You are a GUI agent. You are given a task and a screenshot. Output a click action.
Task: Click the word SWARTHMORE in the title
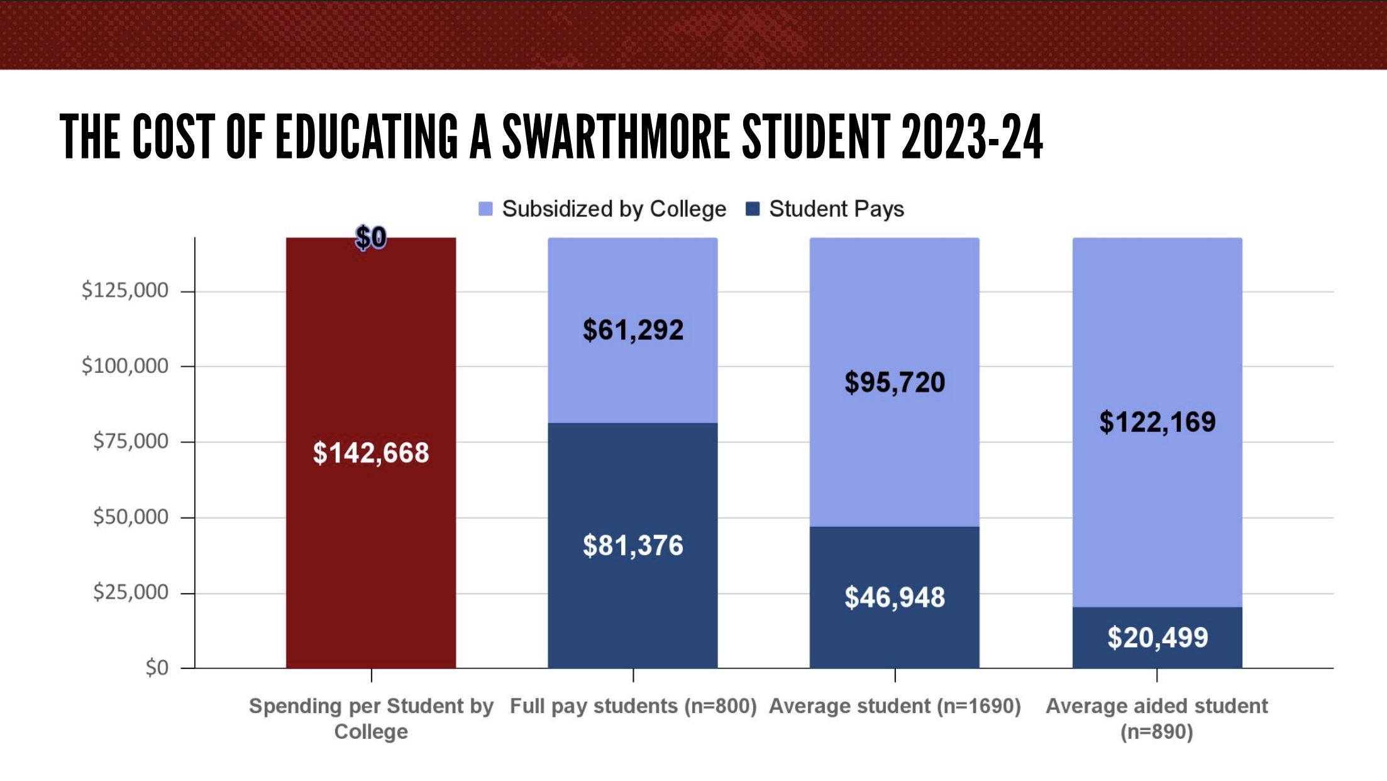click(616, 136)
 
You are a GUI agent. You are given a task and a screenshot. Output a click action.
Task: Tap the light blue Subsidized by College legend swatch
click(485, 209)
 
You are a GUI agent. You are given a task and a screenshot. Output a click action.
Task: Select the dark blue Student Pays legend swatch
click(753, 209)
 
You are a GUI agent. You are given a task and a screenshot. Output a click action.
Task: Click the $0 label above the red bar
click(371, 238)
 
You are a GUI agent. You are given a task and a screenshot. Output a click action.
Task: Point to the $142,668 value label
click(371, 453)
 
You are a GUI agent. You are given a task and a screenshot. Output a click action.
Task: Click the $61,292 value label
click(633, 330)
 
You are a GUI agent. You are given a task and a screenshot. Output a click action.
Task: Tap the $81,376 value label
click(633, 545)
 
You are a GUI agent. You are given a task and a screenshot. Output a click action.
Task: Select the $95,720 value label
click(895, 382)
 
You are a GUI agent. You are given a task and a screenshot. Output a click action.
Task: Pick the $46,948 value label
click(895, 597)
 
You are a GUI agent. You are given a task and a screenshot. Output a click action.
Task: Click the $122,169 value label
click(1157, 422)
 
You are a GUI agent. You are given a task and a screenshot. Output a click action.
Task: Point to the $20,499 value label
click(1157, 638)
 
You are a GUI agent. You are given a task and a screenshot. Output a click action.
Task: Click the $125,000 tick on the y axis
click(125, 291)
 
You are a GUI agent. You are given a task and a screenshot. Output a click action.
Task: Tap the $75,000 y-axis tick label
click(131, 441)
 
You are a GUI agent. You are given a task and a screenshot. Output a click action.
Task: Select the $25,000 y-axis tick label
click(131, 592)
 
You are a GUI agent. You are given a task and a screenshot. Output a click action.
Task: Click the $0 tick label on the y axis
click(157, 667)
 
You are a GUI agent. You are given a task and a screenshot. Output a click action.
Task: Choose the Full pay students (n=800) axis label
click(633, 706)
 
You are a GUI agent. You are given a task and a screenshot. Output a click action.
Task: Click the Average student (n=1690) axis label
click(895, 706)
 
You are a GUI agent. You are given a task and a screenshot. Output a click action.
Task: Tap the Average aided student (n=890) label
click(1157, 719)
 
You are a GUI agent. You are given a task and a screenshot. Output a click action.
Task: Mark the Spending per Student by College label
click(371, 719)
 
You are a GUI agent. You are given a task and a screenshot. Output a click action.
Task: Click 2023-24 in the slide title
click(972, 136)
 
